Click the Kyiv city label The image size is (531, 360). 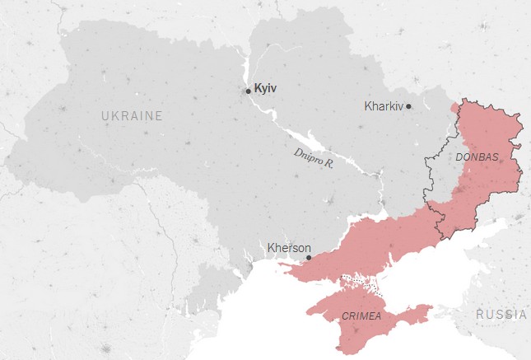tap(266, 88)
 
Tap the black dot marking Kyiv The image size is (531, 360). tap(248, 91)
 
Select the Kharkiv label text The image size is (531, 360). tap(384, 106)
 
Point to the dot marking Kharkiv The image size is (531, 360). tap(409, 106)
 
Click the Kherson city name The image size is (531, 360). tap(289, 247)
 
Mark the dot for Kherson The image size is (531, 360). tap(309, 258)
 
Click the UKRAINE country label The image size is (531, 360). tap(132, 116)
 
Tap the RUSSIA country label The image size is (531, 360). tap(501, 314)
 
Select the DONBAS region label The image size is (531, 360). tap(477, 157)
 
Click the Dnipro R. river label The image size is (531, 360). tap(314, 158)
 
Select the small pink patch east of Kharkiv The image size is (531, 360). tap(455, 107)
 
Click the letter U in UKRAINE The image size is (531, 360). tap(105, 116)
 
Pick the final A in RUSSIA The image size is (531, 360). tap(524, 314)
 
